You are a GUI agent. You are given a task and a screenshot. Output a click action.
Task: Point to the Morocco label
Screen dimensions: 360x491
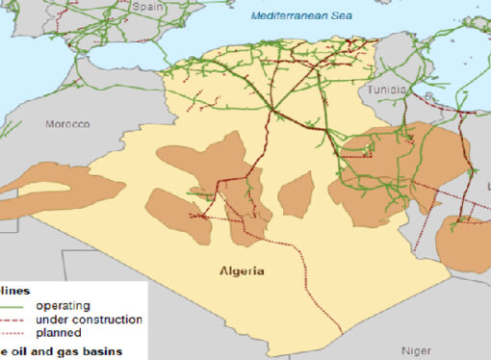(67, 125)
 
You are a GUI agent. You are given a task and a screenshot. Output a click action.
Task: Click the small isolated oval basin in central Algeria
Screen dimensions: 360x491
(296, 193)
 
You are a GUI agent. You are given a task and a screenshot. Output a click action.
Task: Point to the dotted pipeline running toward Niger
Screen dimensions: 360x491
(318, 289)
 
